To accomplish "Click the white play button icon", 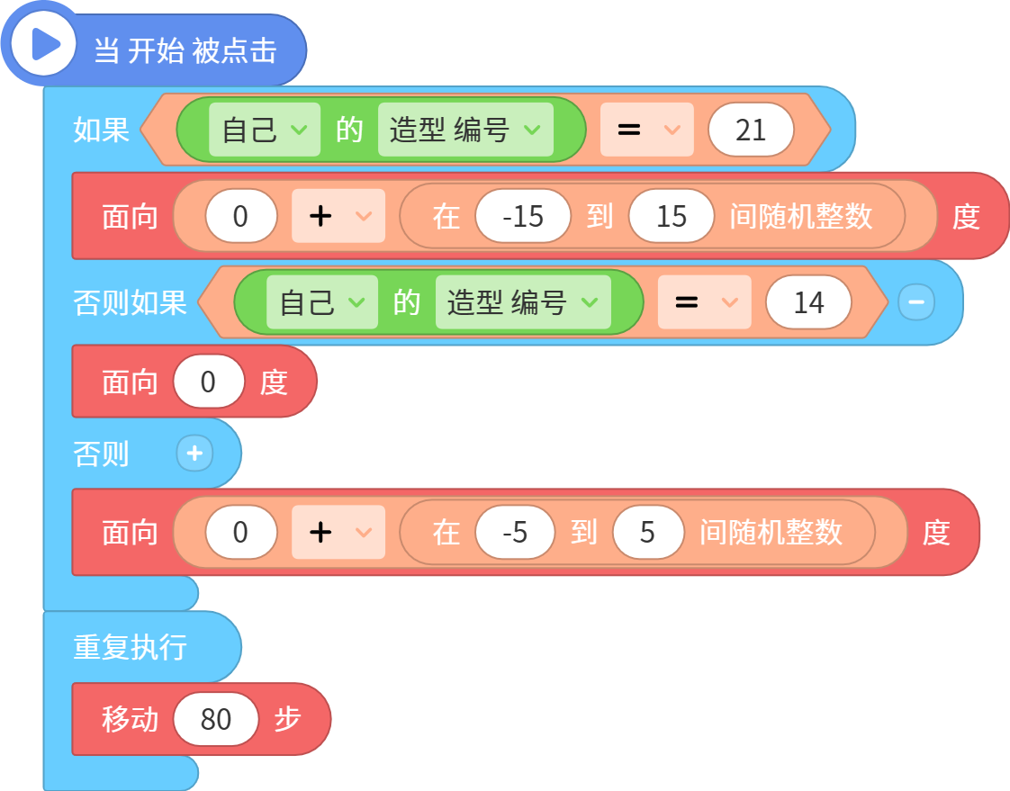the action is coord(44,44).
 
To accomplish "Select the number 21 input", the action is coord(751,130).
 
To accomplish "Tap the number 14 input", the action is coord(808,302).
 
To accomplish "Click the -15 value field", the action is coord(523,216).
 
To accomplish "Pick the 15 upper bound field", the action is coord(672,216).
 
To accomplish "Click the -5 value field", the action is coord(515,532).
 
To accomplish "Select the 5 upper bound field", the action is coord(647,532).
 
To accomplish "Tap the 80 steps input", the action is coord(216,719).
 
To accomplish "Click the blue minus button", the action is coord(916,302).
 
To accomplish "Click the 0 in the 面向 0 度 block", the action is coord(208,382).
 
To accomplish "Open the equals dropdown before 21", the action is coord(646,130).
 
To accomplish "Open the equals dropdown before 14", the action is coord(704,302).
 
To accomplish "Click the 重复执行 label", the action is coord(131,647).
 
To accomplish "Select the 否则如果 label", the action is coord(131,302).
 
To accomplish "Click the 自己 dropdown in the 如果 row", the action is coord(264,130).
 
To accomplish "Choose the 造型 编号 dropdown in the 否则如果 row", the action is coord(523,302).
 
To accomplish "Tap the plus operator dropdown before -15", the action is coord(338,216).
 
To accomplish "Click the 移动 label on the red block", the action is coord(131,719).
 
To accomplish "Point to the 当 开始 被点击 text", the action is coord(185,50).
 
